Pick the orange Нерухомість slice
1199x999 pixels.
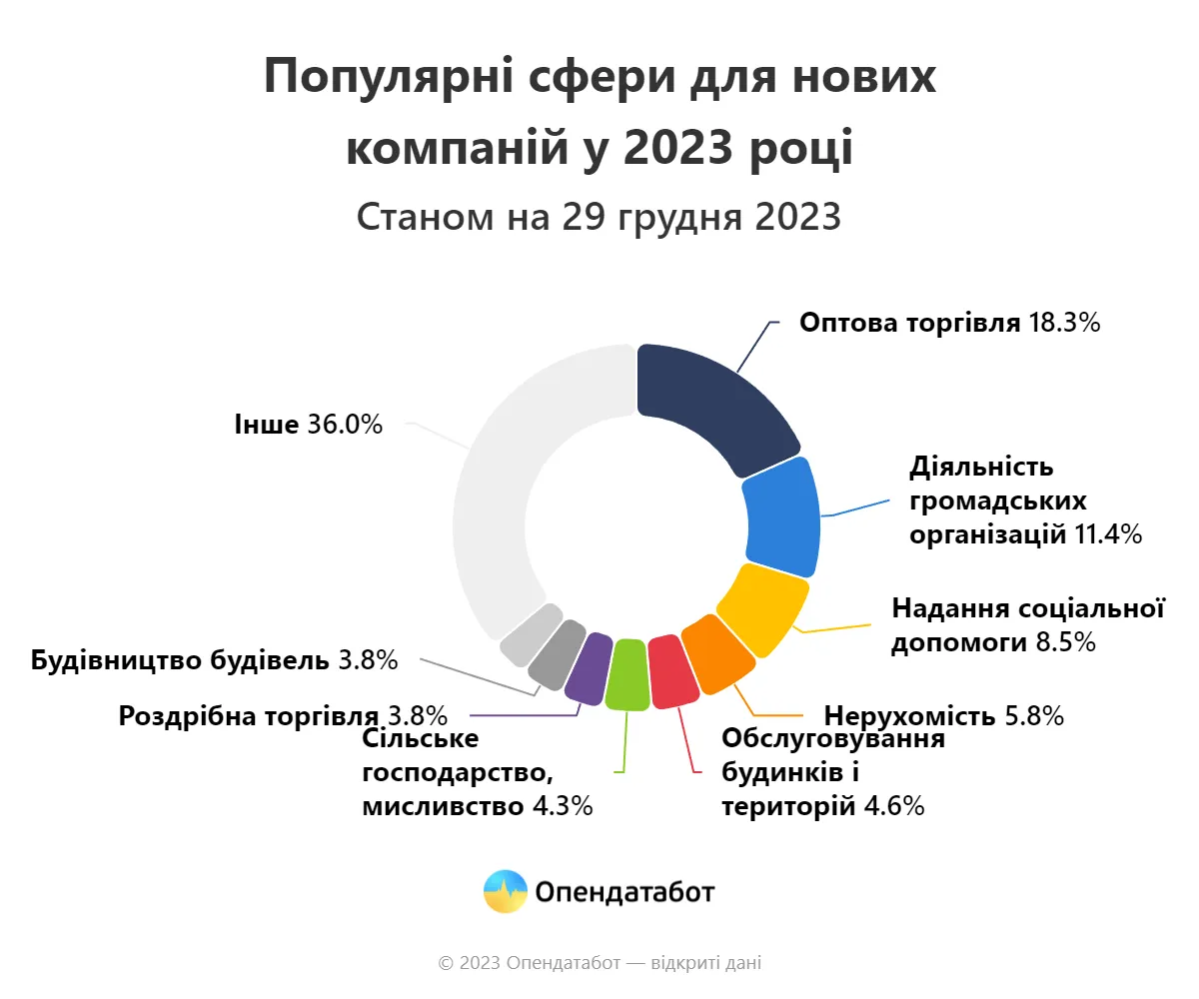(x=717, y=654)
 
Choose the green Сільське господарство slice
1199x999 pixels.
(x=627, y=674)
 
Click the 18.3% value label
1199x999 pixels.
(x=1064, y=323)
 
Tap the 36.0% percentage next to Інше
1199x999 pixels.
(x=344, y=425)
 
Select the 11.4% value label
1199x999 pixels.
(x=1107, y=534)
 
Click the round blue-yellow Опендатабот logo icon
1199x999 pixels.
(x=505, y=891)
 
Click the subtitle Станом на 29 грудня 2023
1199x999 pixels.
(x=599, y=217)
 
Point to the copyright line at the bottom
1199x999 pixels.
(x=599, y=963)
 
